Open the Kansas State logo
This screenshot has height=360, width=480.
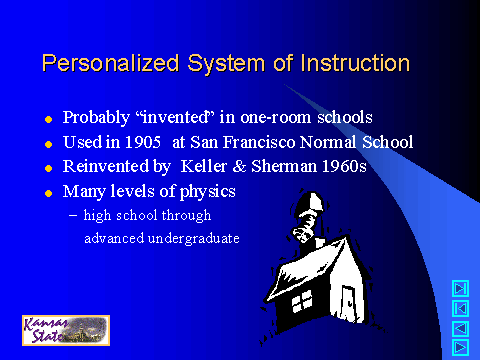pyautogui.click(x=65, y=329)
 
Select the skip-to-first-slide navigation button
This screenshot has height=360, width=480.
pyautogui.click(x=460, y=306)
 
